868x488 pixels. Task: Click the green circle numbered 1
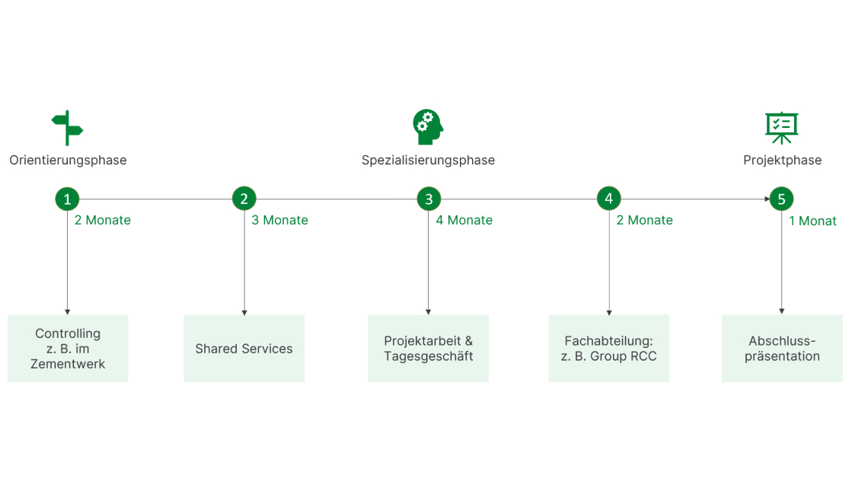pyautogui.click(x=67, y=199)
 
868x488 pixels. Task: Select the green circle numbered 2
pyautogui.click(x=244, y=199)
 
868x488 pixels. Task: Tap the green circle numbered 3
pyautogui.click(x=429, y=199)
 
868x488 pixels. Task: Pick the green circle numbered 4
pyautogui.click(x=608, y=199)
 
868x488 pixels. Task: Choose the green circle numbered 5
pyautogui.click(x=781, y=199)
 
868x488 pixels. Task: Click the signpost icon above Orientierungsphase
pyautogui.click(x=67, y=127)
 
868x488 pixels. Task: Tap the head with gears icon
pyautogui.click(x=428, y=127)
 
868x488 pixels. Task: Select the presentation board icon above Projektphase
pyautogui.click(x=782, y=127)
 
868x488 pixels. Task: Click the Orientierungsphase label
pyautogui.click(x=68, y=160)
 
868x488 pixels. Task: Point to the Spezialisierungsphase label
pyautogui.click(x=428, y=160)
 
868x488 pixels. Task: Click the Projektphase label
pyautogui.click(x=782, y=160)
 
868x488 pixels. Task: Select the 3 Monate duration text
pyautogui.click(x=280, y=220)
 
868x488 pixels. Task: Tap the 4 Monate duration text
pyautogui.click(x=464, y=220)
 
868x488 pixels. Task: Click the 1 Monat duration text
pyautogui.click(x=812, y=222)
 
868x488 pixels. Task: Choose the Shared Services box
pyautogui.click(x=244, y=349)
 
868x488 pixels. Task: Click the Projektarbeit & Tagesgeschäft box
pyautogui.click(x=428, y=349)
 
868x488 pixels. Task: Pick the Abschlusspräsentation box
pyautogui.click(x=782, y=349)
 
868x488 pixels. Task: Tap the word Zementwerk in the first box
pyautogui.click(x=68, y=364)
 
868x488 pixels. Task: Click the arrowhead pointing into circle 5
pyautogui.click(x=767, y=199)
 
